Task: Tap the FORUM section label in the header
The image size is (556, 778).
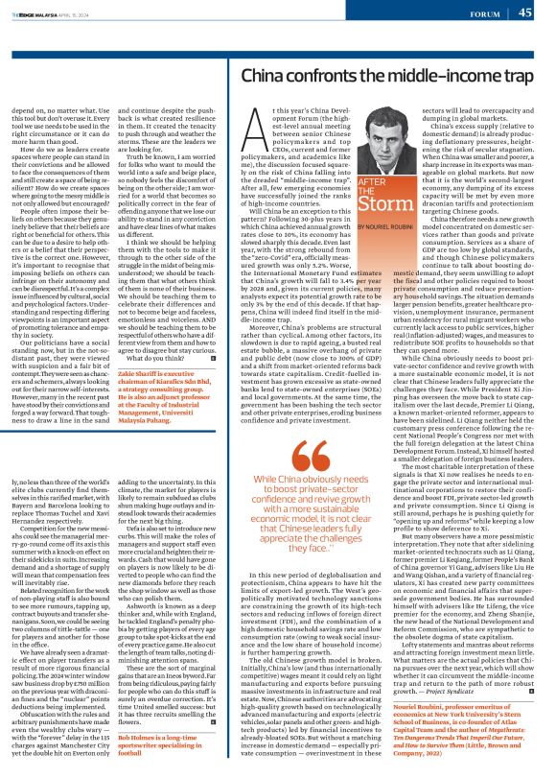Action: (478, 13)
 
